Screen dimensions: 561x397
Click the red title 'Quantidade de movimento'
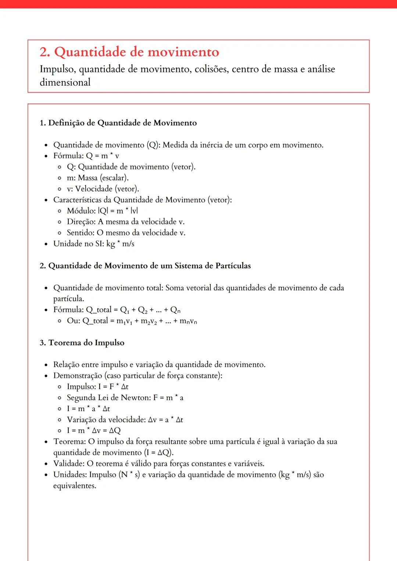pyautogui.click(x=136, y=52)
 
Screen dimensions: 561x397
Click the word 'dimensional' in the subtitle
pyautogui.click(x=65, y=82)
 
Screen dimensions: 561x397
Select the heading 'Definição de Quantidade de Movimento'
pyautogui.click(x=122, y=123)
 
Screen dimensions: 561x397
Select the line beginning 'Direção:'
pyautogui.click(x=125, y=222)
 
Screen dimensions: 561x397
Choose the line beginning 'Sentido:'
pyautogui.click(x=126, y=233)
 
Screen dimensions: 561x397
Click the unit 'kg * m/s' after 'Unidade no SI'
pyautogui.click(x=120, y=244)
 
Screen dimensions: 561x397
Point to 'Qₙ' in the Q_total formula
pyautogui.click(x=175, y=310)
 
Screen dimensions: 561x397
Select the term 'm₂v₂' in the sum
pyautogui.click(x=149, y=321)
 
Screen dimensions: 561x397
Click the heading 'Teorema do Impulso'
pyautogui.click(x=86, y=343)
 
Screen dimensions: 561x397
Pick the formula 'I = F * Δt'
pyautogui.click(x=113, y=387)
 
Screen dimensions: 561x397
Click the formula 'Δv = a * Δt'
pyautogui.click(x=165, y=420)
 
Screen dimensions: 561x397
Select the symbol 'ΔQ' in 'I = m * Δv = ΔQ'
pyautogui.click(x=115, y=431)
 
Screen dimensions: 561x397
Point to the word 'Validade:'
pyautogui.click(x=69, y=464)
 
